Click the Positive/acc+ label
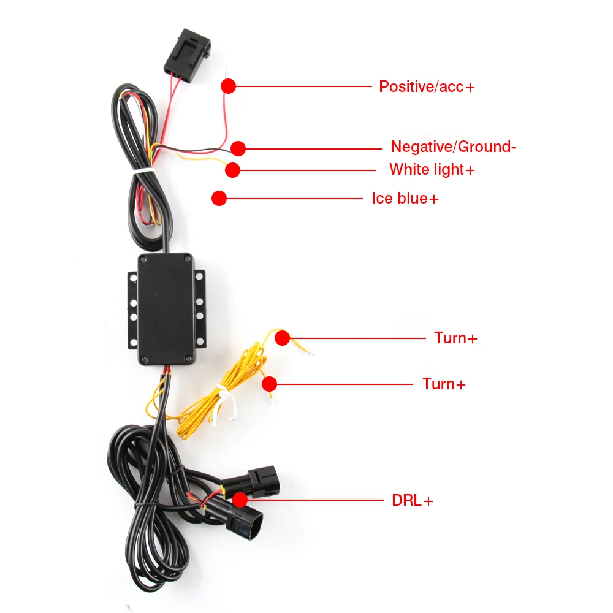(427, 86)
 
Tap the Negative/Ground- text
(454, 147)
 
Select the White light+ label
(432, 169)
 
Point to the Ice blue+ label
(405, 198)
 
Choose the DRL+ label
(413, 500)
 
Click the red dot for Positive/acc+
(229, 86)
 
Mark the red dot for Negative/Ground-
(238, 148)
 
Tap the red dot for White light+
(232, 169)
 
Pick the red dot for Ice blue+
(219, 198)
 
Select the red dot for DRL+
(240, 500)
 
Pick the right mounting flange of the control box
(199, 309)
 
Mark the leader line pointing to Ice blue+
(294, 198)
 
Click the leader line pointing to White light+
(306, 170)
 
